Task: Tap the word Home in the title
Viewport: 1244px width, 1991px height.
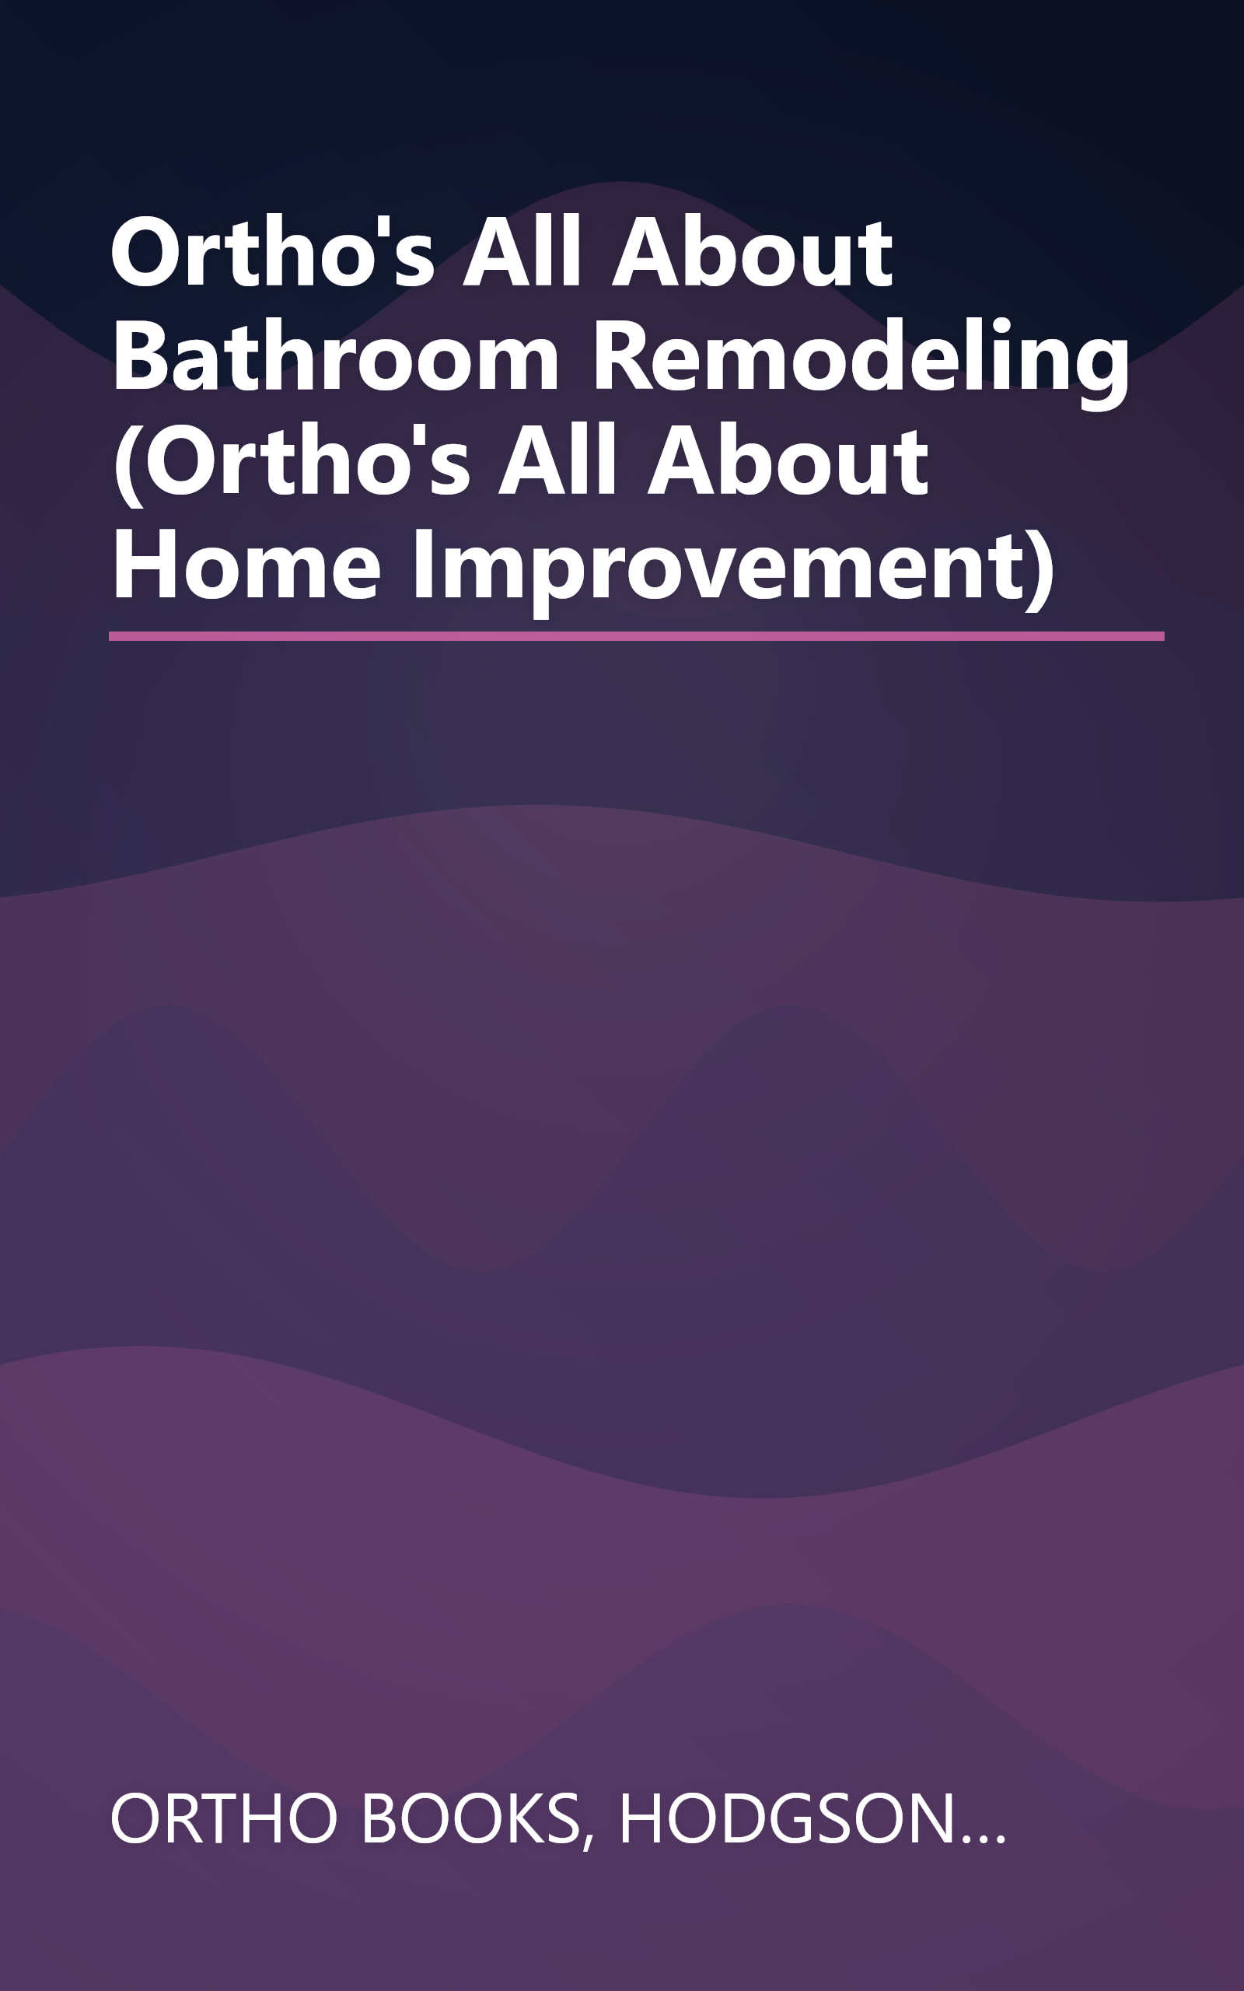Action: [246, 566]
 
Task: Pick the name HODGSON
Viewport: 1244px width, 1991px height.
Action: [787, 1819]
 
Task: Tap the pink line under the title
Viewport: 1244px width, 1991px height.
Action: [636, 636]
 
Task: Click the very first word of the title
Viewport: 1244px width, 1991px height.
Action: [272, 252]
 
